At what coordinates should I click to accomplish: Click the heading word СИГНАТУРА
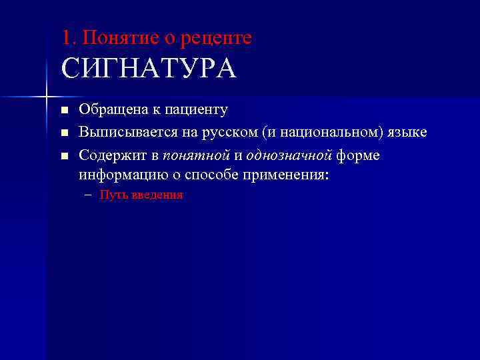pos(148,69)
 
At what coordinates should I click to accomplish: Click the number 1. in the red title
pos(68,38)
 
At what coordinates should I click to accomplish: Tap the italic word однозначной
pos(289,155)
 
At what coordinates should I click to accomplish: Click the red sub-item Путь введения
pos(141,195)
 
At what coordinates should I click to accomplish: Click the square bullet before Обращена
pos(64,110)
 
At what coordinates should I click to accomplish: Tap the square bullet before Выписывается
pos(64,133)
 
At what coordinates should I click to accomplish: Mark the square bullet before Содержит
pos(64,156)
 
